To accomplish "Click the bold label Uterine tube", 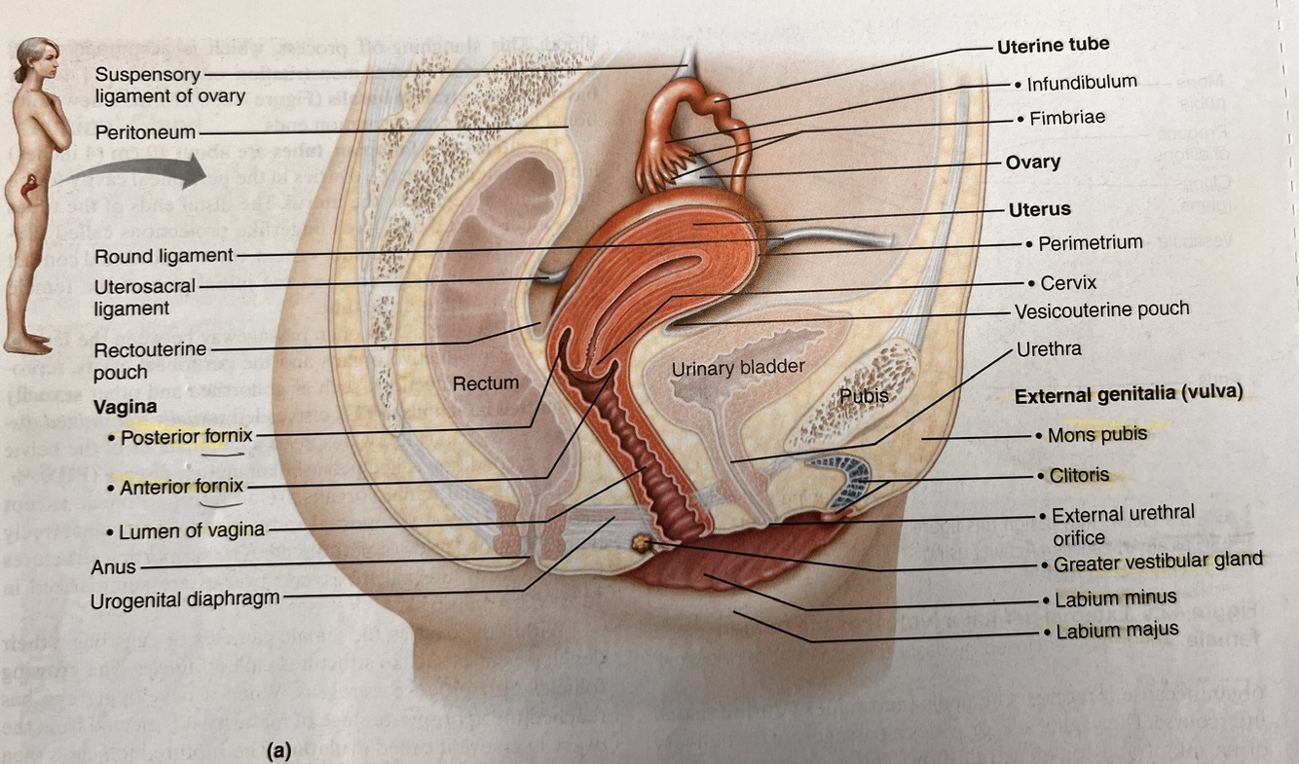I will point(1053,45).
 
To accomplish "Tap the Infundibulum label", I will point(1081,84).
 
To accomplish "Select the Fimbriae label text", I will point(1067,119).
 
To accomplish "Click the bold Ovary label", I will point(1032,163).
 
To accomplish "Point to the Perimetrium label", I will point(1090,243).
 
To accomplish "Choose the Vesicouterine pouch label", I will point(1101,310).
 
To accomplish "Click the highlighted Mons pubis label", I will point(1096,435).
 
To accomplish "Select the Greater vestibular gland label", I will point(1157,562).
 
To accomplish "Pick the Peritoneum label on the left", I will point(146,131).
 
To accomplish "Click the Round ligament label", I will point(164,256).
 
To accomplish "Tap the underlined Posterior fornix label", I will point(181,438).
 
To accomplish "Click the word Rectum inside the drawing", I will point(486,383).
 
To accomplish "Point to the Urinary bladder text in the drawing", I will point(738,368).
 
